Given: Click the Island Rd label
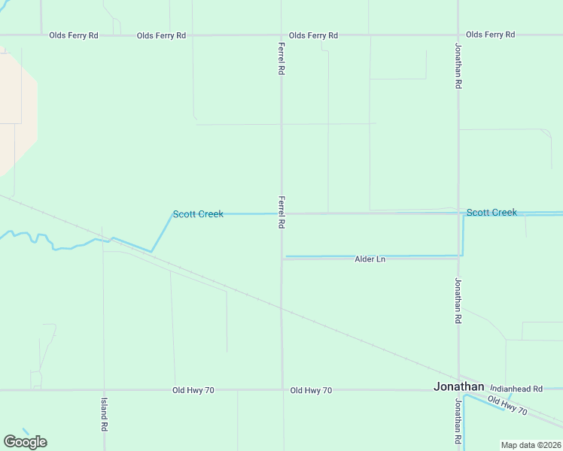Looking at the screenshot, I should (104, 414).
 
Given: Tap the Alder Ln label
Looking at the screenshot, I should (370, 259).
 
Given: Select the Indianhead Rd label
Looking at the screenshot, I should (516, 389).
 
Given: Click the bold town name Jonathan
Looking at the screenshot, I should (459, 386).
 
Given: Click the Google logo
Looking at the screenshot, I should (25, 442).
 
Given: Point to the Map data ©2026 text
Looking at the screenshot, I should (530, 445).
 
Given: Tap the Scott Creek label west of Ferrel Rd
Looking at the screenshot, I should (198, 214).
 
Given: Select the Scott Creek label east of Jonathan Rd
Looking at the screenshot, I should (491, 213).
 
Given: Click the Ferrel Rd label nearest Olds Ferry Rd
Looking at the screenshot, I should (281, 58).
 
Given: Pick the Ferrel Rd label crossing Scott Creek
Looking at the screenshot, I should (281, 213).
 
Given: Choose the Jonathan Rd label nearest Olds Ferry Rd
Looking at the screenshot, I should (458, 65).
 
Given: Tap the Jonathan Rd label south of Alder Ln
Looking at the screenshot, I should (458, 301).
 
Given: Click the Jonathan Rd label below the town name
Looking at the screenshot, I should (458, 421).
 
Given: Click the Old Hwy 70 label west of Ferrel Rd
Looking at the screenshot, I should (193, 390).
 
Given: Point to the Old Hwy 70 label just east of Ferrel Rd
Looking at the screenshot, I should (311, 390).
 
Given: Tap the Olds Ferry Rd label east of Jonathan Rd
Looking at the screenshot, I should (490, 35).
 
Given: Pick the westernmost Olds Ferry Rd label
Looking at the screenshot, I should (73, 35).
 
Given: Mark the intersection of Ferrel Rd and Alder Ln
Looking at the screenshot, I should (282, 259).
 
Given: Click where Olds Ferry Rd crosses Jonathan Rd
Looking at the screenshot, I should (458, 35).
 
